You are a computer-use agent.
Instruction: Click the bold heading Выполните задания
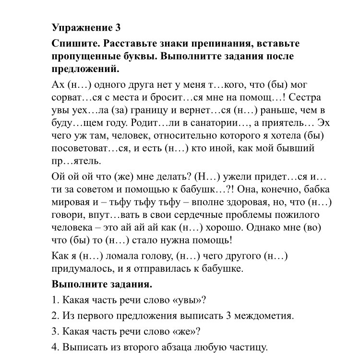[102, 284]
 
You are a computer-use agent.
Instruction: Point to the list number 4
[55, 347]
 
